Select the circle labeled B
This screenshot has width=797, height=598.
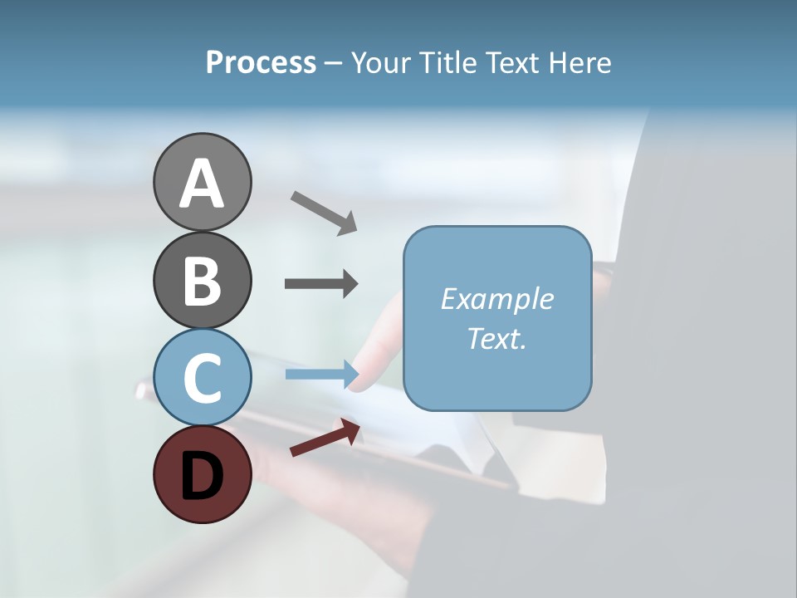click(x=202, y=280)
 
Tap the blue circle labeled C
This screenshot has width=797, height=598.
click(x=202, y=376)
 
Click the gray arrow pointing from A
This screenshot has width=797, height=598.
click(x=323, y=212)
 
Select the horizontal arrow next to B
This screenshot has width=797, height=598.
click(x=321, y=283)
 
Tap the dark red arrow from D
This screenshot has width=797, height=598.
click(x=325, y=439)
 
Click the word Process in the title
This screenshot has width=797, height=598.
click(x=261, y=62)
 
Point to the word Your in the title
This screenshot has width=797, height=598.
click(x=381, y=62)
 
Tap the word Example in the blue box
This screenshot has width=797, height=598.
click(x=496, y=299)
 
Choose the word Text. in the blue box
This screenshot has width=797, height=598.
click(x=496, y=339)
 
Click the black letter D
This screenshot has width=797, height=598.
click(x=202, y=477)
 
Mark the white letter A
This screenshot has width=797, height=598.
click(x=202, y=184)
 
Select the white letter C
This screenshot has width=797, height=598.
click(x=202, y=378)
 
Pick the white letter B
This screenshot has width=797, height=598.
click(x=202, y=282)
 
